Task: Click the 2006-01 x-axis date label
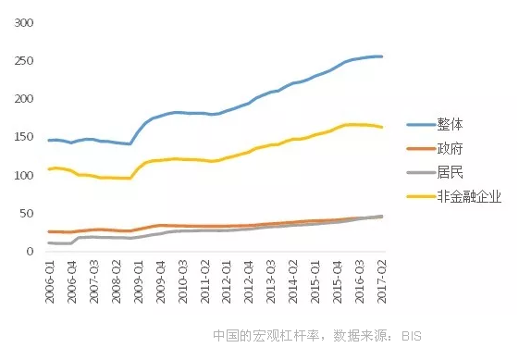50,278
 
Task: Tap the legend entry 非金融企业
469,196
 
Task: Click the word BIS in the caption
411,335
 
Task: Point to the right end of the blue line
382,56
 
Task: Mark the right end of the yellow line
382,127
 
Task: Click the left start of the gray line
49,242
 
